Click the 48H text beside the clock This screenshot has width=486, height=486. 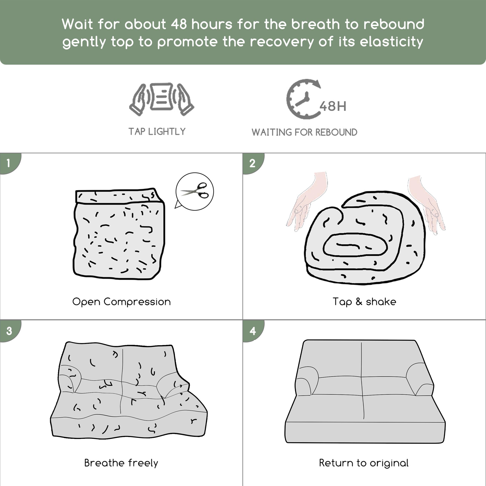[x=333, y=106]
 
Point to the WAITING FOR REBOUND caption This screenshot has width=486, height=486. [x=304, y=132]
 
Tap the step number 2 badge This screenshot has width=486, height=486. [x=253, y=163]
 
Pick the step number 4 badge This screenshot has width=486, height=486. [x=253, y=331]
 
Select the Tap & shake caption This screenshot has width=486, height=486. [x=364, y=302]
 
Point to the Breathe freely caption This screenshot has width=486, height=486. [x=121, y=463]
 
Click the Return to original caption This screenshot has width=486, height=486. [x=364, y=463]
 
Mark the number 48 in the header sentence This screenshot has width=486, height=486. [x=179, y=24]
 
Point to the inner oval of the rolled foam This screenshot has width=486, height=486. [x=355, y=245]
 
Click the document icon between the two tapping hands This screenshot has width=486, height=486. [x=162, y=97]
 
